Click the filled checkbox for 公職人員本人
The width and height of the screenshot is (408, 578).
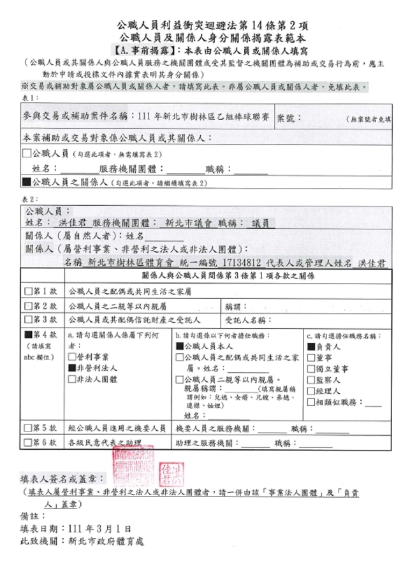pos(179,347)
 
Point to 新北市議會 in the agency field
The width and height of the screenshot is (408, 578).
pos(186,223)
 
